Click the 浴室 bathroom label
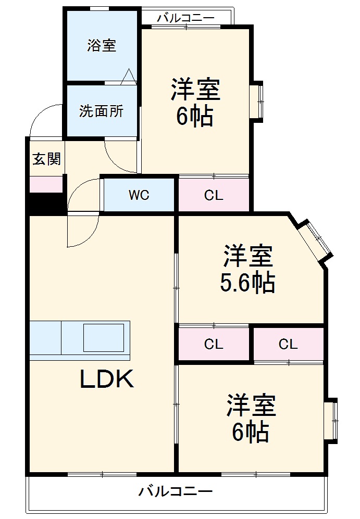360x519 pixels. tap(102, 46)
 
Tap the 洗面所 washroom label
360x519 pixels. tap(102, 111)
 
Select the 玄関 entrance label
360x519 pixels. tap(46, 159)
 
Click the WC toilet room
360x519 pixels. tap(139, 196)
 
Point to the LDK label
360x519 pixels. tap(107, 380)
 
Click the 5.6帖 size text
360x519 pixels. tap(247, 283)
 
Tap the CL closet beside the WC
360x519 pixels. tap(214, 196)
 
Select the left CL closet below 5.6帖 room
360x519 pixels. tap(214, 344)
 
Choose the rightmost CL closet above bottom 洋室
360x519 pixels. tap(288, 344)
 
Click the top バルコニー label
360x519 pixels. tap(185, 18)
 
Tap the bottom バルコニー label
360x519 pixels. tap(176, 491)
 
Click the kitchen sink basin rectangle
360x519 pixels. tap(103, 337)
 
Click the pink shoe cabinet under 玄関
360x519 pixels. tap(46, 184)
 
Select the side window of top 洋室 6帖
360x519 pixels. tap(258, 100)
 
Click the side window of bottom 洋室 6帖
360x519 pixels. tap(331, 420)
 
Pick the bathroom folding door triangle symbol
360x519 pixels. tap(129, 78)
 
